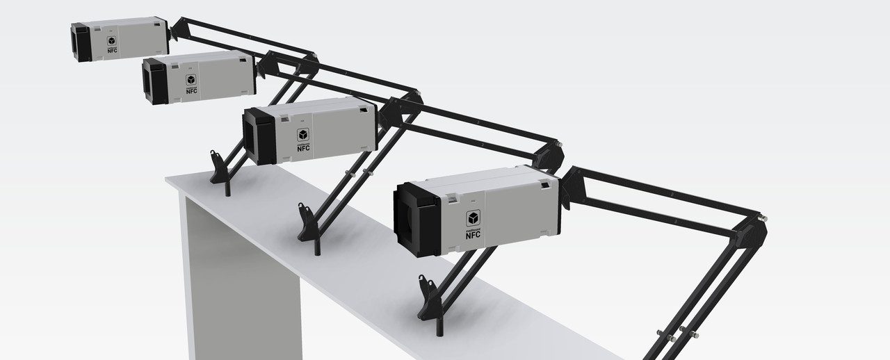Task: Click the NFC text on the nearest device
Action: pyautogui.click(x=473, y=234)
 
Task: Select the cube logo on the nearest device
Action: pyautogui.click(x=474, y=218)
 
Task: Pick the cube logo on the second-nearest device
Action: pyautogui.click(x=303, y=135)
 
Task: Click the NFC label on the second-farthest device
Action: pyautogui.click(x=191, y=90)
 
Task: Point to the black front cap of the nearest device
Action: pyautogui.click(x=416, y=220)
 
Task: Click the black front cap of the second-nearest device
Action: pyautogui.click(x=258, y=137)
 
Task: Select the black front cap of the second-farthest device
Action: pyautogui.click(x=156, y=82)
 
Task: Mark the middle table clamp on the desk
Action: pyautogui.click(x=307, y=222)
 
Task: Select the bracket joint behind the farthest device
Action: pyautogui.click(x=177, y=29)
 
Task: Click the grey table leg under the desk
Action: pyautogui.click(x=236, y=278)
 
